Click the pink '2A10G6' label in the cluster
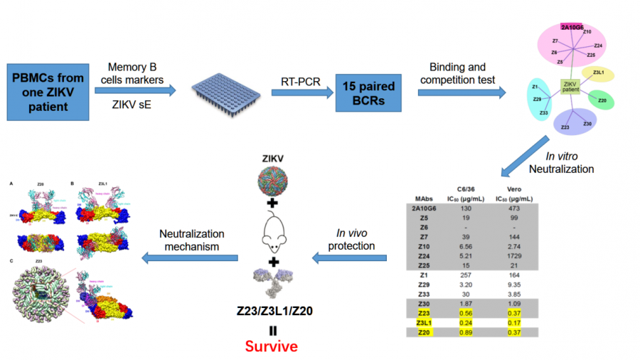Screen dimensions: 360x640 [572, 27]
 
